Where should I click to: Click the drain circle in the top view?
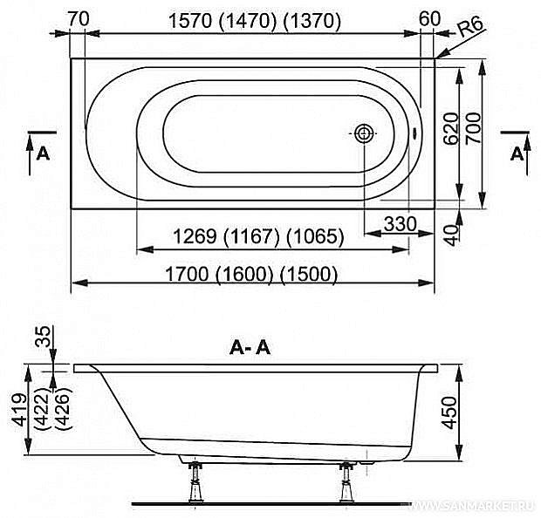pos(365,133)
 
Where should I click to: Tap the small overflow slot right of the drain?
pos(414,133)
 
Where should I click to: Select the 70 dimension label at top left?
pos(79,19)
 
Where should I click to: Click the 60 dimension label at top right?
pos(430,19)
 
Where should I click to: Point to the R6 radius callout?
pos(471,27)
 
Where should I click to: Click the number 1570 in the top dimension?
pos(190,21)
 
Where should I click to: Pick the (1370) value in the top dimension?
pos(312,21)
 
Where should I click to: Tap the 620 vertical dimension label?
pos(451,128)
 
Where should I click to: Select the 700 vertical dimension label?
pos(473,128)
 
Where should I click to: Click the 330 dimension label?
pos(401,224)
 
